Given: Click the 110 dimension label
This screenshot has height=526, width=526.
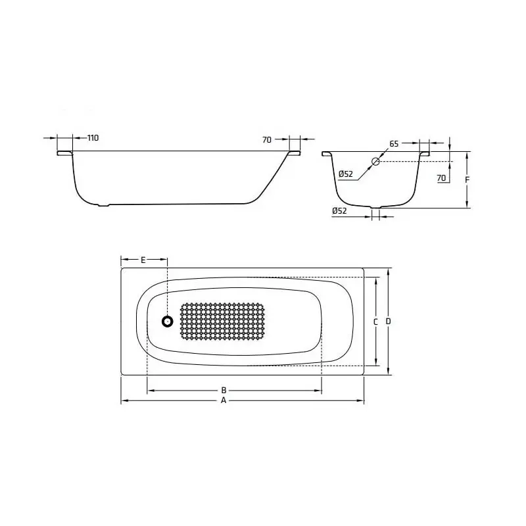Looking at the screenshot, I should coord(93,138).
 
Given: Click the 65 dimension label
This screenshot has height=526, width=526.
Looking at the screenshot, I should coord(394,143).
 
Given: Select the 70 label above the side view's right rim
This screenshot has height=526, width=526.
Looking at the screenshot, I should coord(267,139).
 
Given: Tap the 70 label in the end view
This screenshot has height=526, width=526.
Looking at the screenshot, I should coord(441,178).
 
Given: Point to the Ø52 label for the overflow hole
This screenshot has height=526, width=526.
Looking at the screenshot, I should coord(346,174).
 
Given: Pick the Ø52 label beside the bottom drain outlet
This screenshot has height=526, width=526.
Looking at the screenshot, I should coord(339,210).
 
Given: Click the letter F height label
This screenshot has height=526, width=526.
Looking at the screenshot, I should coord(467,179).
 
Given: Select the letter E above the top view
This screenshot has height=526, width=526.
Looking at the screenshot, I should coord(143,260).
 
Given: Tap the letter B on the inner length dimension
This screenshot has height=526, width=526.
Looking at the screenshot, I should coord(224,390).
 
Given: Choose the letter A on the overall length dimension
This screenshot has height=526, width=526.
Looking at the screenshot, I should coord(224,400).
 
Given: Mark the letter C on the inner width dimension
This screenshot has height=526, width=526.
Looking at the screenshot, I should coord(375,322).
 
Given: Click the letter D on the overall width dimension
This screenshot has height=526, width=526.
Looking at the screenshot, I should coord(389,322).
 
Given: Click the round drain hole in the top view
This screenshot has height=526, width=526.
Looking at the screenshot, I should coord(168,322).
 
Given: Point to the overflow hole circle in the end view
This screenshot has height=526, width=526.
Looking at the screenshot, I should coord(376,161).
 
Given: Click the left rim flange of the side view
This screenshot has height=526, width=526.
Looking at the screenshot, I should coord(64,153).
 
